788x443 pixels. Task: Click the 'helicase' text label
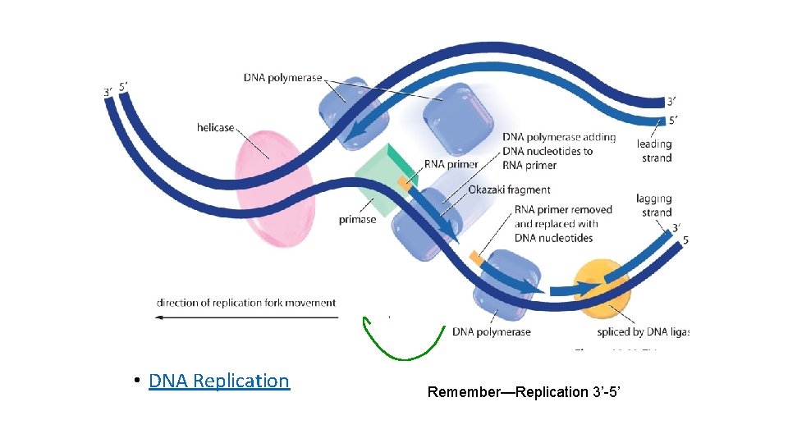point(215,128)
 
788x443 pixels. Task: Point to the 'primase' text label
point(357,219)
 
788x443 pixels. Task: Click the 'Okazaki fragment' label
point(509,190)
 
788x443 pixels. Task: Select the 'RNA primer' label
point(451,164)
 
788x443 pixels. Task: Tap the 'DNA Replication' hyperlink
point(219,381)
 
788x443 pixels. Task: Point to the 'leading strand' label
point(655,151)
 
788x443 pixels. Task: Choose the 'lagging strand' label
point(653,205)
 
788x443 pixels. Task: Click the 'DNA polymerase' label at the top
point(282,78)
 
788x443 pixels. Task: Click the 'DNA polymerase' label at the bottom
point(491,332)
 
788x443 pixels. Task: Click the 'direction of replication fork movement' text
point(246,303)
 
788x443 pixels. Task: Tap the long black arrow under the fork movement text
point(246,317)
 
